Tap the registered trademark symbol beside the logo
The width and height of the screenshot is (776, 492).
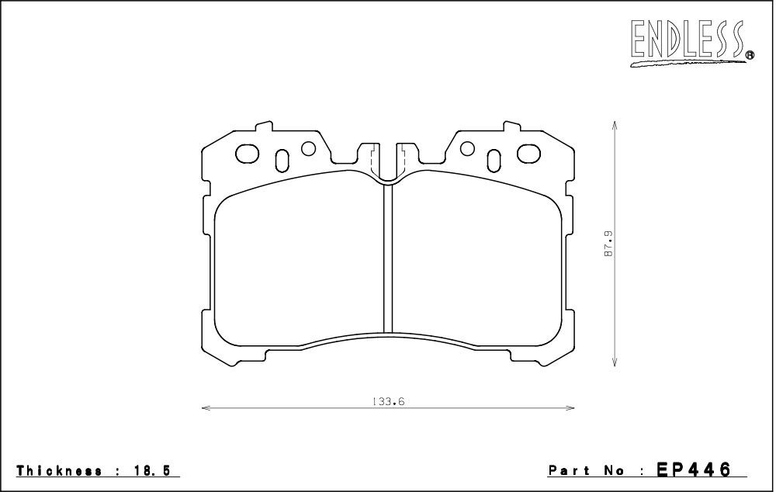coord(750,55)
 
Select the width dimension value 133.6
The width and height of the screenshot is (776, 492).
coord(389,401)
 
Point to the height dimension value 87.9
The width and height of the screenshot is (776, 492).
coord(608,243)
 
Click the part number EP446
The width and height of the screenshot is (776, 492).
coord(693,469)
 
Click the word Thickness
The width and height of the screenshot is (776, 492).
coord(60,470)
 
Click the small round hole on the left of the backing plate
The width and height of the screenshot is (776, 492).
coord(308,147)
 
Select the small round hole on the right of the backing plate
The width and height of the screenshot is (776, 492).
coord(467,147)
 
